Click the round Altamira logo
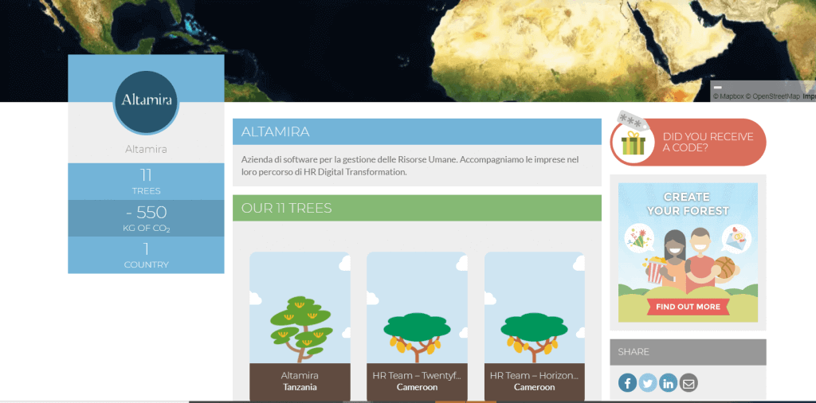click(147, 102)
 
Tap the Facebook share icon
click(628, 384)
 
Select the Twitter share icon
click(648, 384)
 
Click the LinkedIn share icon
click(669, 384)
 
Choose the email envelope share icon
click(688, 384)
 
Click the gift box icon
click(633, 143)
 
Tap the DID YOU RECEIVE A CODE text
click(708, 143)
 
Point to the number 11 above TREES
click(147, 175)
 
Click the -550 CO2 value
click(147, 212)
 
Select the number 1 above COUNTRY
click(147, 249)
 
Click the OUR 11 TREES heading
click(287, 208)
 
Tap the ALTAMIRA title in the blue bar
click(275, 131)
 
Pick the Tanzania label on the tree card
click(300, 387)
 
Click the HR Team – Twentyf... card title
click(417, 375)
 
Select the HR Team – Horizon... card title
click(535, 375)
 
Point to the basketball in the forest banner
click(724, 268)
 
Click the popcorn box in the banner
click(655, 271)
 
